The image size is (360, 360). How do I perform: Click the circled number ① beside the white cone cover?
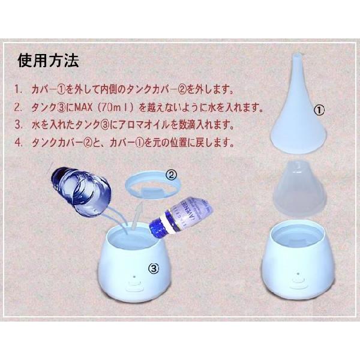point(319,110)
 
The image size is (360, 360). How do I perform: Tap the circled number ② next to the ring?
point(171,175)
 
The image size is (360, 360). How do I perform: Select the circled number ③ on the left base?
point(154,269)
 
